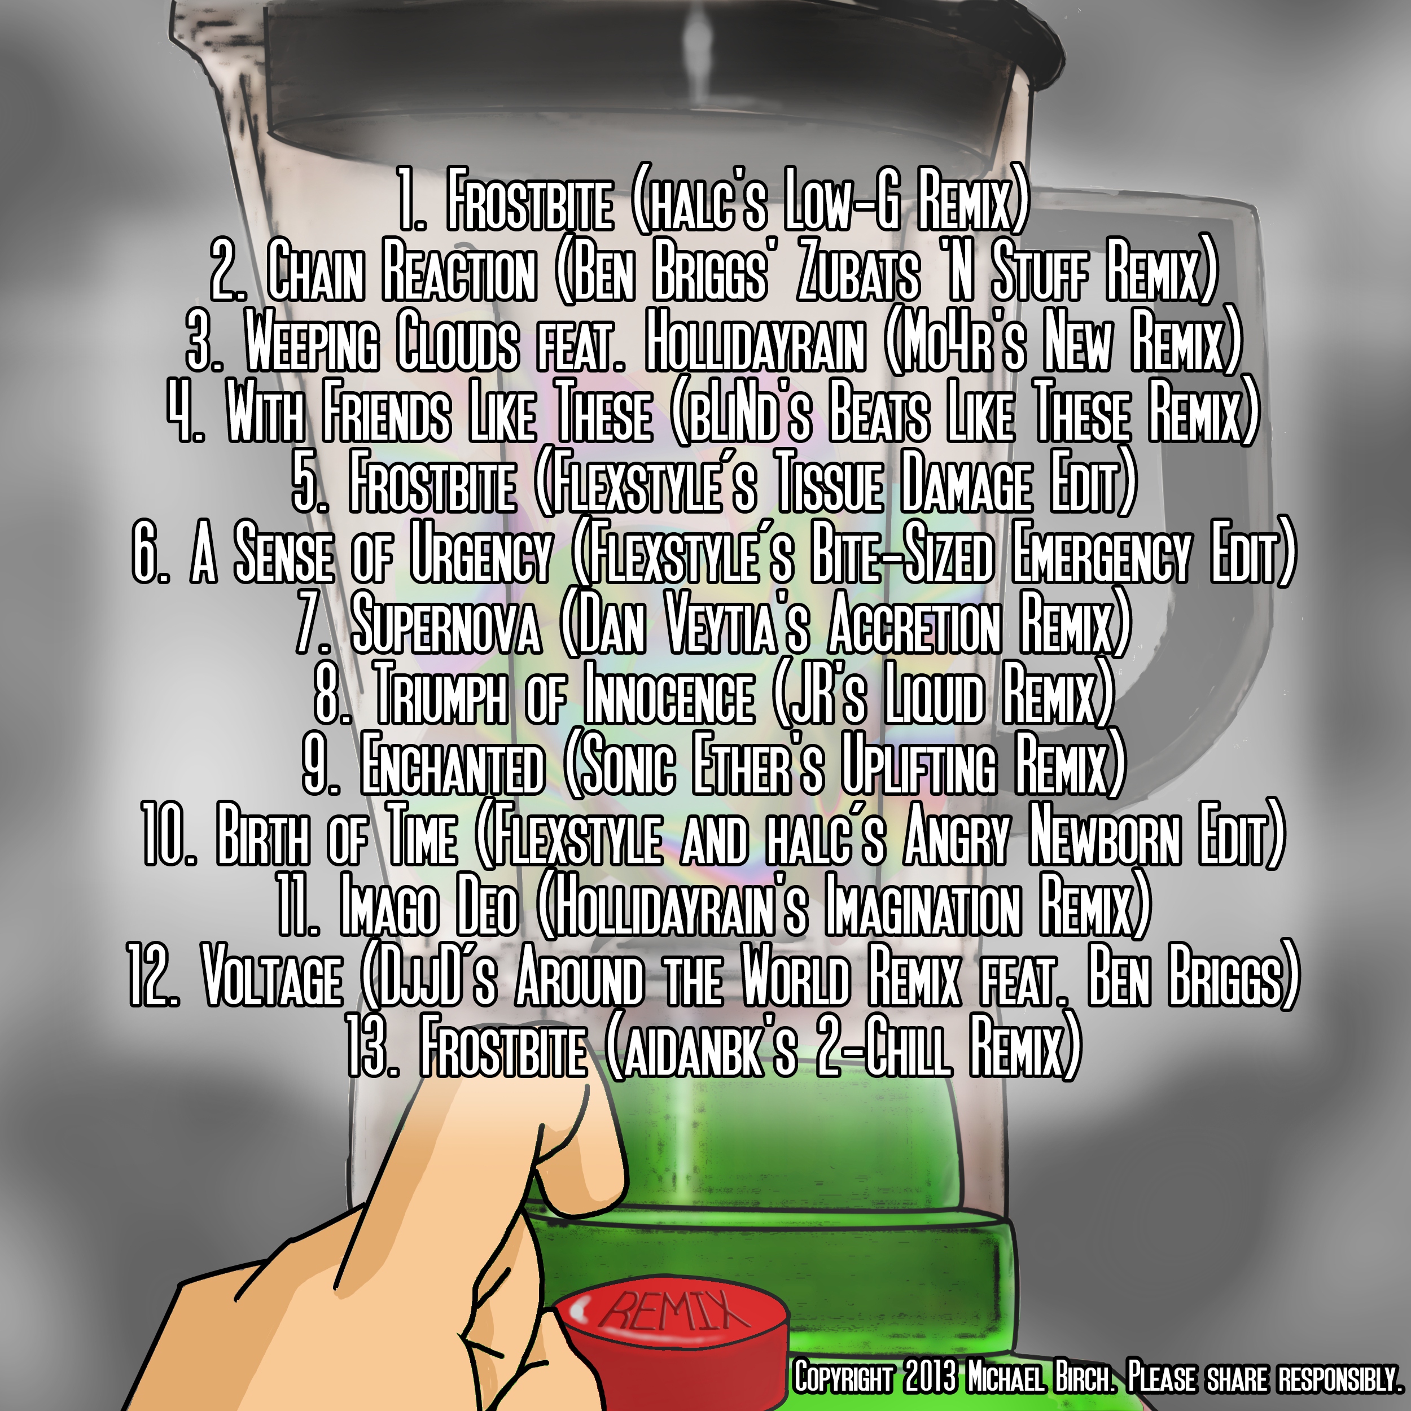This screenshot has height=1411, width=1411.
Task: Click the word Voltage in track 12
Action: [271, 979]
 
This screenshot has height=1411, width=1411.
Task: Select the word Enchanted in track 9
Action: [453, 768]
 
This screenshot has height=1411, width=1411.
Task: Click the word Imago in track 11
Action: [389, 909]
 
